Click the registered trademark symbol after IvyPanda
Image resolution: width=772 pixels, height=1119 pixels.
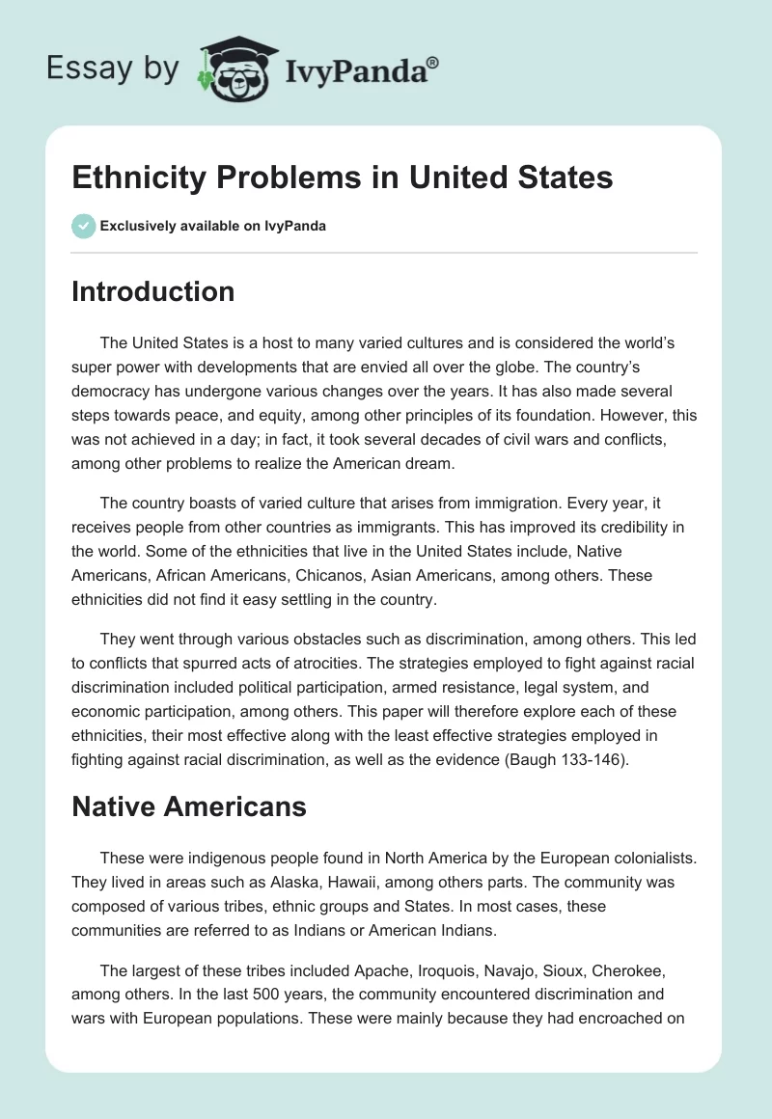click(432, 62)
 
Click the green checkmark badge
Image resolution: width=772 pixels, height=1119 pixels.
click(82, 226)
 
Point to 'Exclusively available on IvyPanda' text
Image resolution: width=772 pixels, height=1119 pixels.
click(212, 227)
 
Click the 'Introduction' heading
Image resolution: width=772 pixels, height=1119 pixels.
click(152, 291)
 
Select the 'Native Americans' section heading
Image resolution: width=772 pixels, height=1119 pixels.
click(188, 806)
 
